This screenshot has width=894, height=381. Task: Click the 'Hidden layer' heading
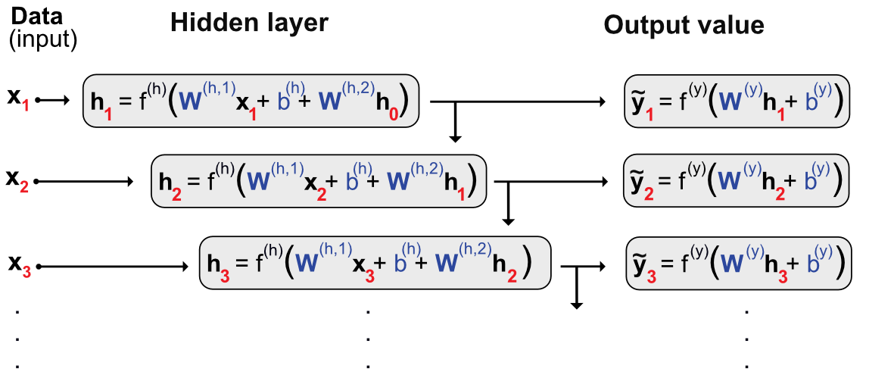point(249,23)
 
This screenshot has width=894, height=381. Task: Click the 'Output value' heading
point(684,26)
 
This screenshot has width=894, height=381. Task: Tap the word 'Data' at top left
point(36,14)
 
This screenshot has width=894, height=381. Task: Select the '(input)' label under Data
point(43,39)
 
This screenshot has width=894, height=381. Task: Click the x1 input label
point(18,98)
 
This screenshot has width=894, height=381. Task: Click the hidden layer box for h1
point(250,100)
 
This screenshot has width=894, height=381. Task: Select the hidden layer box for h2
point(319,181)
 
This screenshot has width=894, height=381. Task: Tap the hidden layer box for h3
point(374,263)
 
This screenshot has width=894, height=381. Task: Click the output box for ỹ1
point(737,100)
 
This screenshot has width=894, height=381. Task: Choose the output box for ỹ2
point(737,181)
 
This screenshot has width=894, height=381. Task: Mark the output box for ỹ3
point(738,263)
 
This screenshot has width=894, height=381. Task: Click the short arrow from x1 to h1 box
point(53,99)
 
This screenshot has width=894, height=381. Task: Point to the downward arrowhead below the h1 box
point(454,137)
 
